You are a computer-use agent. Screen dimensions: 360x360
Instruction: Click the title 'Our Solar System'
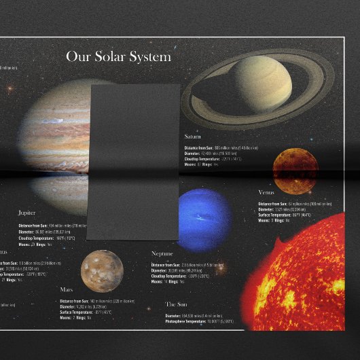pyautogui.click(x=118, y=56)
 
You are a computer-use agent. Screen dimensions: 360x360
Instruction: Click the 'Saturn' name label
pyautogui.click(x=192, y=137)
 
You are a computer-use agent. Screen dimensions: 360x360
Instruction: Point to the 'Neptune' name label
pyautogui.click(x=166, y=253)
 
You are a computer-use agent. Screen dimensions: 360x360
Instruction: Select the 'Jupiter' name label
pyautogui.click(x=27, y=213)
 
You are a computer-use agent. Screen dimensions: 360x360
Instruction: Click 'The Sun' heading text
pyautogui.click(x=179, y=304)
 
